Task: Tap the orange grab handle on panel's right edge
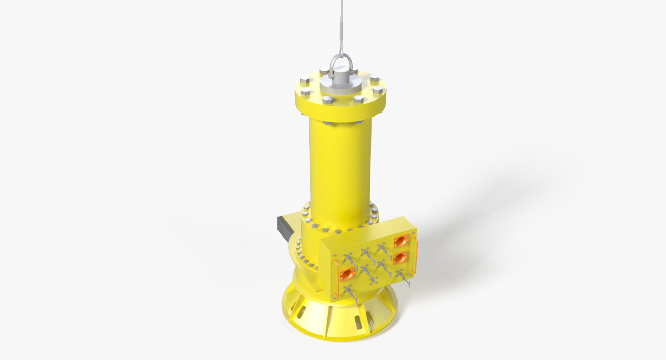click(x=416, y=254)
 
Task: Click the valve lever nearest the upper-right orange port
click(x=383, y=249)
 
